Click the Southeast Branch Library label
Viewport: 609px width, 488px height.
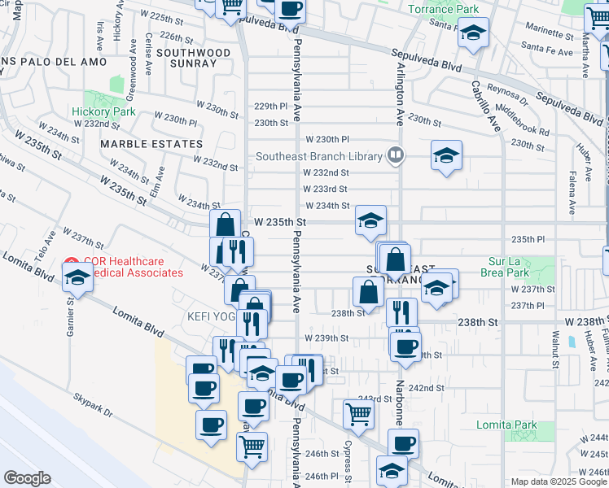pos(318,157)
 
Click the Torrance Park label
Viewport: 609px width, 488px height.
pos(443,9)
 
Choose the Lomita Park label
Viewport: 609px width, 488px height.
pos(531,425)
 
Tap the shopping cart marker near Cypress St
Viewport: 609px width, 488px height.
pos(359,414)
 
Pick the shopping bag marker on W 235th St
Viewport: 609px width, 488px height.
pos(225,224)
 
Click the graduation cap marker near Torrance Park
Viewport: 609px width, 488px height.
pos(473,33)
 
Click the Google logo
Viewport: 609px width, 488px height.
pos(27,477)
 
